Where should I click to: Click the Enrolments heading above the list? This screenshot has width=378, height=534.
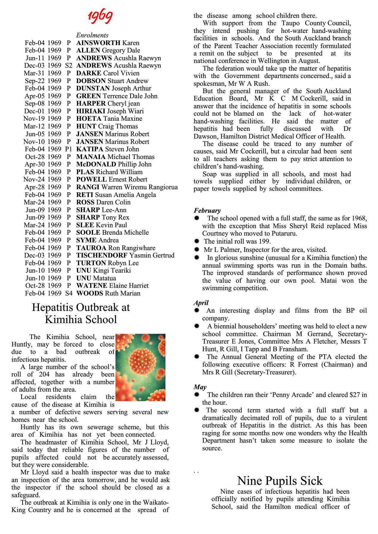92,35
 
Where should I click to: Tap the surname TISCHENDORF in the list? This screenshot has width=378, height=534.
102,255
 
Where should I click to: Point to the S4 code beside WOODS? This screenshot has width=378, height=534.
69,293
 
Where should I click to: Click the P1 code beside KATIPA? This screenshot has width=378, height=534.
69,149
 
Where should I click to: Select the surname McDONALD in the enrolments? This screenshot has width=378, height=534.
96,164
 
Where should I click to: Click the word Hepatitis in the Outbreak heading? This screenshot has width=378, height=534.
54,307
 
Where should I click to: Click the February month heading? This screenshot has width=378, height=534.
207,210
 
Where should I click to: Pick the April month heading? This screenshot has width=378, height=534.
201,303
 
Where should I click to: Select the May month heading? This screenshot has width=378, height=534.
200,387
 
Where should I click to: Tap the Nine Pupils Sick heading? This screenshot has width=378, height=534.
280,481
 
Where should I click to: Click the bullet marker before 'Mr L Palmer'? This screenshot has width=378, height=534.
197,249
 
